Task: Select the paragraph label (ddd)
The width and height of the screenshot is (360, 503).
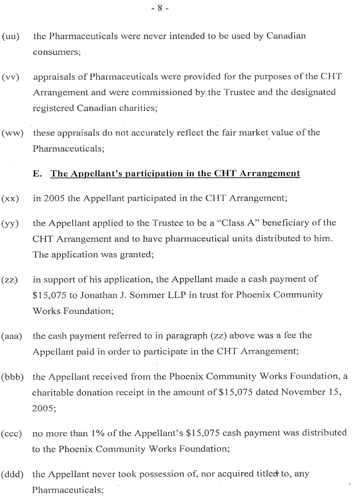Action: click(x=14, y=475)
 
